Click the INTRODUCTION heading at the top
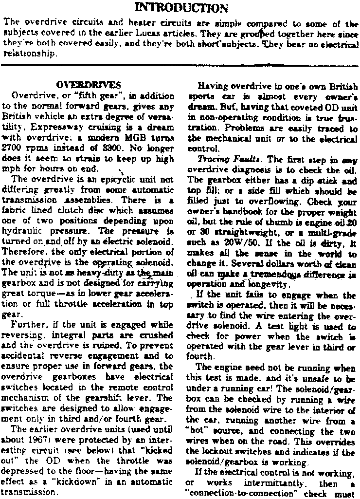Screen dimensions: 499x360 click(180, 7)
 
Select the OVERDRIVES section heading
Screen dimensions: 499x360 click(89, 85)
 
